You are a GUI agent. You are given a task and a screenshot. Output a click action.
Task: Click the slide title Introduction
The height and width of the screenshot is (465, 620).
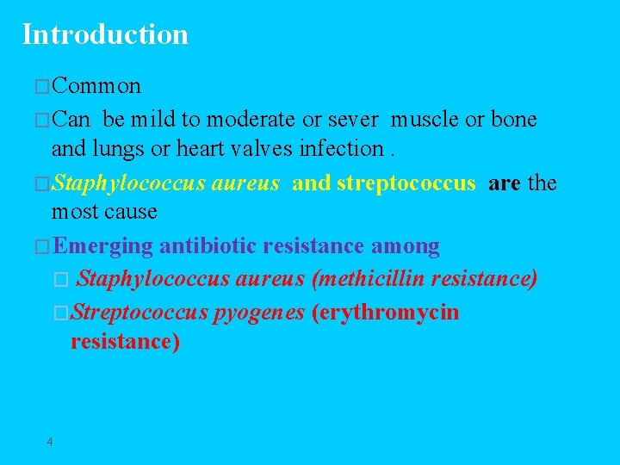point(105,34)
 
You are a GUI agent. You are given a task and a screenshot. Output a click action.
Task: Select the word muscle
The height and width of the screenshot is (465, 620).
point(427,119)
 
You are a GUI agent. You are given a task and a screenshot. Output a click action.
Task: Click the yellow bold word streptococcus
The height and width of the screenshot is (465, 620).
point(406,183)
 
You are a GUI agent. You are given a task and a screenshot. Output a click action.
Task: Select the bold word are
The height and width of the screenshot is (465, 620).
point(504,183)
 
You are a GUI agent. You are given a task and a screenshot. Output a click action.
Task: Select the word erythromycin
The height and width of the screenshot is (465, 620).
point(388,312)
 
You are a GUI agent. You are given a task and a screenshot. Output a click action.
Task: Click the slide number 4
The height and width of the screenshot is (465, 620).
point(50,442)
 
